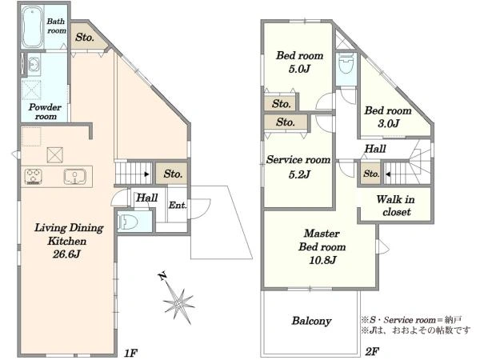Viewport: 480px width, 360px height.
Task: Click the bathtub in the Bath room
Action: pyautogui.click(x=32, y=27)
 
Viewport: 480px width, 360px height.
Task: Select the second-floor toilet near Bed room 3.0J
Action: pyautogui.click(x=346, y=64)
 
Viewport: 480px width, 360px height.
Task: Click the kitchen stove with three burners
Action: pyautogui.click(x=33, y=177)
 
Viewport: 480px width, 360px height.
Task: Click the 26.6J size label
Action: pyautogui.click(x=66, y=254)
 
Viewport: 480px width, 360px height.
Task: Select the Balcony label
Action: pyautogui.click(x=311, y=321)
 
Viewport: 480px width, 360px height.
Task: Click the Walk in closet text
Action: pyautogui.click(x=396, y=206)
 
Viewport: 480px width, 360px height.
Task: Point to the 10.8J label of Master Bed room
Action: pyautogui.click(x=322, y=260)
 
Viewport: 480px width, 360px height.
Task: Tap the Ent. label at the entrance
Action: pyautogui.click(x=178, y=205)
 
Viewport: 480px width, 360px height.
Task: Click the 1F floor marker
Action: pyautogui.click(x=130, y=353)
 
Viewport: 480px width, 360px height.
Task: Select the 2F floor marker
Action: pyautogui.click(x=372, y=351)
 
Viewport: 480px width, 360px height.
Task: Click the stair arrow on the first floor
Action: pyautogui.click(x=147, y=174)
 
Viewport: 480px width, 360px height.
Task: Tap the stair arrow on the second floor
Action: pyautogui.click(x=388, y=174)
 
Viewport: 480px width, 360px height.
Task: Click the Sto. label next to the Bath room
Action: pyautogui.click(x=85, y=38)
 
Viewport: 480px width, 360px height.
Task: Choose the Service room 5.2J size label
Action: pyautogui.click(x=299, y=174)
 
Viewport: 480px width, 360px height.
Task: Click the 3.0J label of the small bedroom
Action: pyautogui.click(x=388, y=123)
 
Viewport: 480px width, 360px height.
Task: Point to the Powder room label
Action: pyautogui.click(x=45, y=112)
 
